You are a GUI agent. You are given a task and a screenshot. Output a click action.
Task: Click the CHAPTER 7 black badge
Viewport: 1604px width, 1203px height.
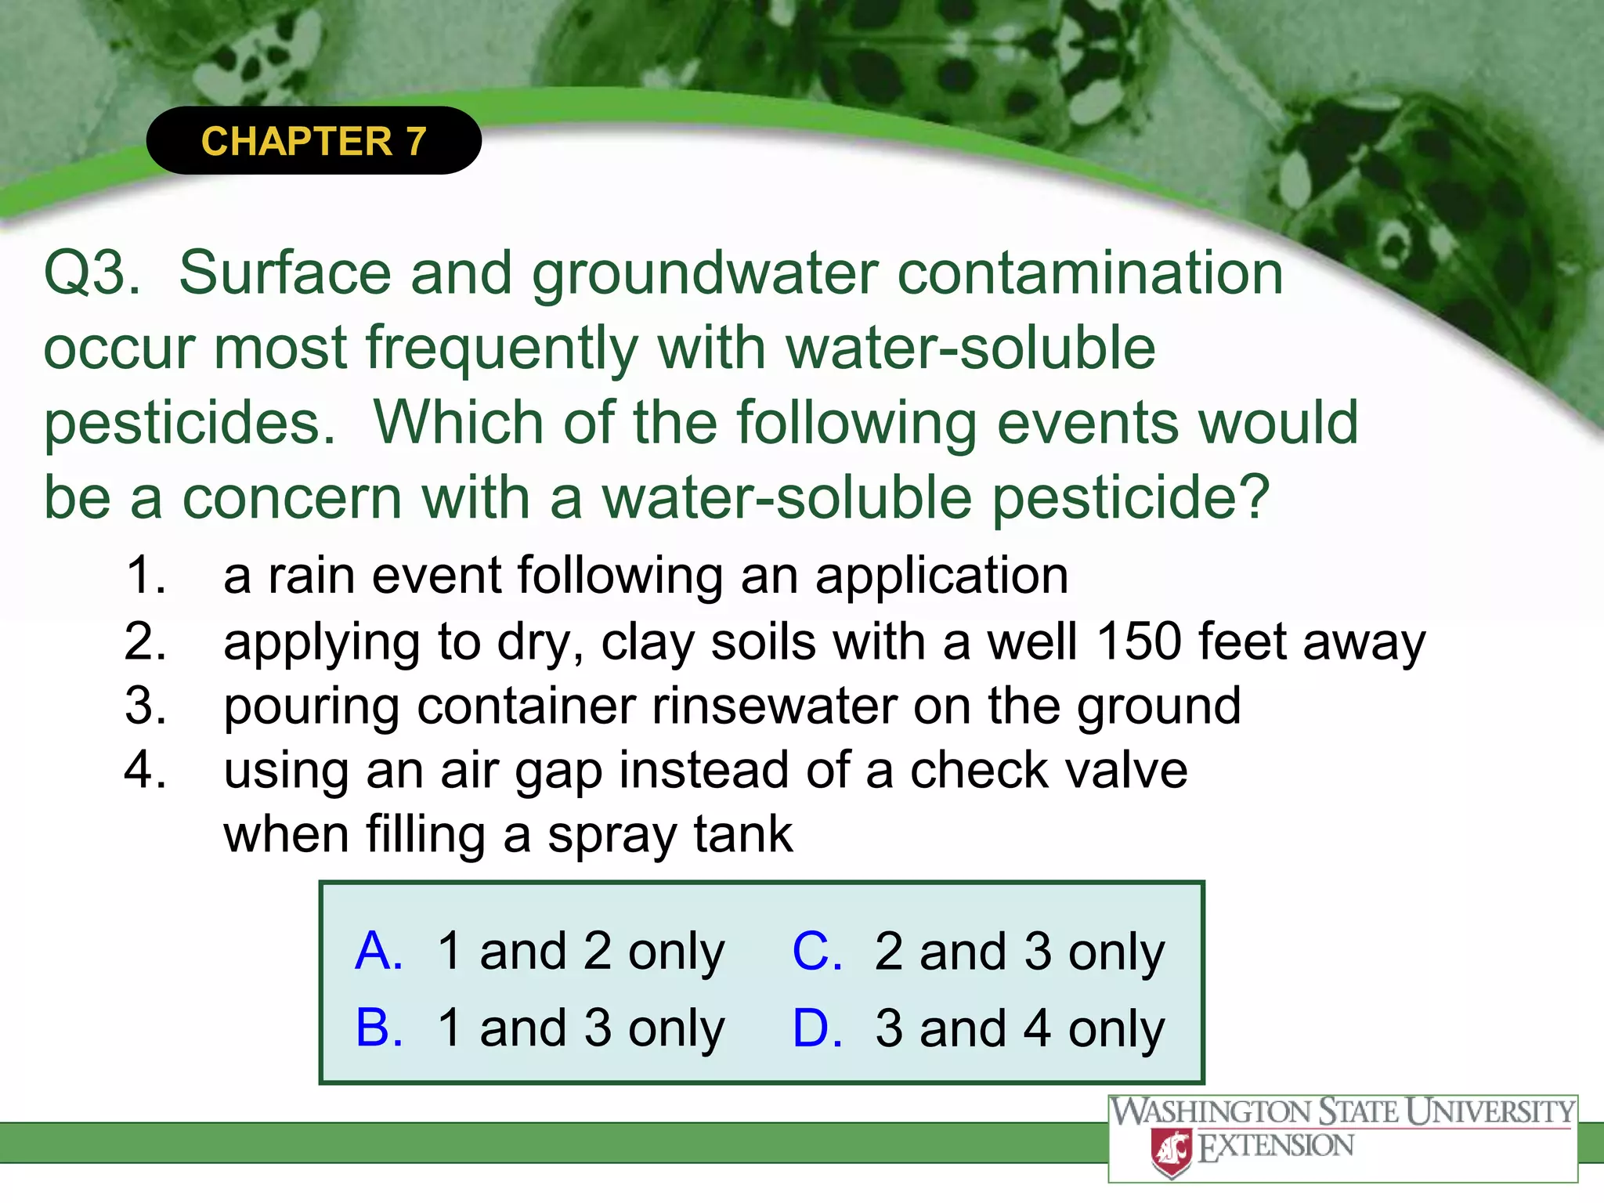pyautogui.click(x=313, y=141)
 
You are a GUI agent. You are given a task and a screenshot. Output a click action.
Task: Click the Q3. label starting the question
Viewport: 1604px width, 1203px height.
pyautogui.click(x=92, y=273)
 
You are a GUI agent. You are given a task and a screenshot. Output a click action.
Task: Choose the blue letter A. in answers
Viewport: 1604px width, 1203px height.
pyautogui.click(x=379, y=951)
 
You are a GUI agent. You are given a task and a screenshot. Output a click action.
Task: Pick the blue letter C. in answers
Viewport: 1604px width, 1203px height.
pyautogui.click(x=817, y=951)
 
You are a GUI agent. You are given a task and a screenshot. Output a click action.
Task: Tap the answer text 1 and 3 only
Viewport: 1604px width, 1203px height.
pyautogui.click(x=581, y=1028)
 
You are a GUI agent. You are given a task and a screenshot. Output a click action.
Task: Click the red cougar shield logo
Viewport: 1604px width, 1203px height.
pyautogui.click(x=1172, y=1151)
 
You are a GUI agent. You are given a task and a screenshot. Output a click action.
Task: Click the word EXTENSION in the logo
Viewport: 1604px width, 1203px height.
pyautogui.click(x=1277, y=1147)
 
